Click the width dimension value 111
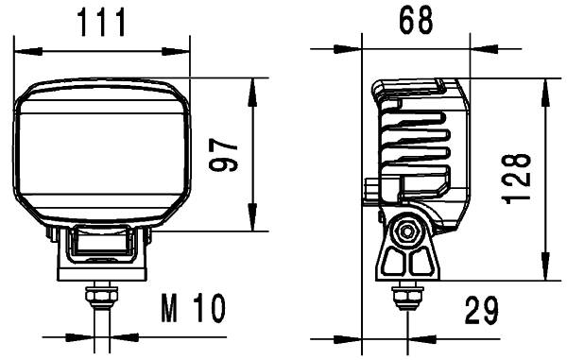click(x=101, y=21)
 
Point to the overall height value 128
click(x=519, y=180)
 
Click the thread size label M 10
click(x=193, y=309)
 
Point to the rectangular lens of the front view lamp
click(x=101, y=153)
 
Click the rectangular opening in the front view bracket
click(x=101, y=245)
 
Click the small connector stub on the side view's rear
click(x=370, y=188)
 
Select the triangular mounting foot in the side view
click(x=407, y=261)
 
